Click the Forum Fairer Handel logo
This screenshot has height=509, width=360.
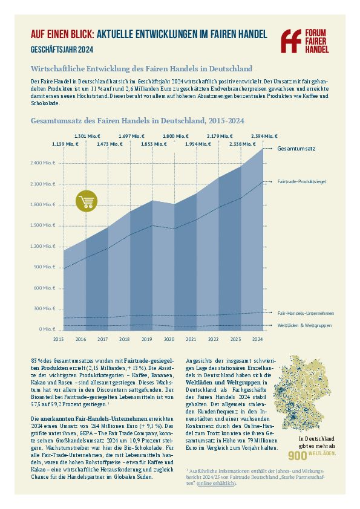tap(305, 41)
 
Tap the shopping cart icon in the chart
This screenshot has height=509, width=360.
tap(87, 201)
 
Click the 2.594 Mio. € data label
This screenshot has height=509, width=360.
tap(264, 137)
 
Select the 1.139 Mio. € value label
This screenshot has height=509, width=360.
tap(65, 144)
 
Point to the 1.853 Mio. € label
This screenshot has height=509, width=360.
tap(154, 144)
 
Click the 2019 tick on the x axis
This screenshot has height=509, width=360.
tap(147, 339)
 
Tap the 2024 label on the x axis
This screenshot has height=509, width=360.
tap(257, 339)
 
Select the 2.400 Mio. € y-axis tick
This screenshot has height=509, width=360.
tap(43, 163)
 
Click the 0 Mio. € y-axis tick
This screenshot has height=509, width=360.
tap(47, 329)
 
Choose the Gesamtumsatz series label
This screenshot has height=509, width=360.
tap(296, 149)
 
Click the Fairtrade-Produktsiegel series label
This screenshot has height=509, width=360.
tap(302, 182)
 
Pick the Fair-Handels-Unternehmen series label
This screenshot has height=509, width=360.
tap(306, 313)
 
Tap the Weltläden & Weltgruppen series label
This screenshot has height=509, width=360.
tap(304, 325)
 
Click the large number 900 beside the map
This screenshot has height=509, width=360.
tap(297, 456)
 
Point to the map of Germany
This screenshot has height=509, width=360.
tap(302, 392)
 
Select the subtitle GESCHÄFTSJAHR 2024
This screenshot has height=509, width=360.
tap(62, 50)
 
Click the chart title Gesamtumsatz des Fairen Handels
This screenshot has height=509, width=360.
tap(137, 121)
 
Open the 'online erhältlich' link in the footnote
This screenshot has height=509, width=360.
tap(217, 483)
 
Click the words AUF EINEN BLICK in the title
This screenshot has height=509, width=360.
tap(62, 34)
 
